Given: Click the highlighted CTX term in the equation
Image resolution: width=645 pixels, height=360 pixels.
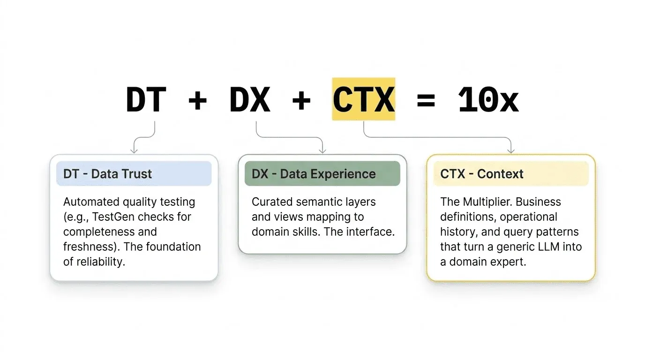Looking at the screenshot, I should pyautogui.click(x=364, y=100).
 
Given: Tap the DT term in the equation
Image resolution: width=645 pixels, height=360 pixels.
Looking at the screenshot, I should pyautogui.click(x=146, y=100).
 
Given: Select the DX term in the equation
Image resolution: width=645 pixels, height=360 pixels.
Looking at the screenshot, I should pyautogui.click(x=250, y=100).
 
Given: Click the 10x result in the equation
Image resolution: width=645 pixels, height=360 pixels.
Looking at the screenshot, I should pyautogui.click(x=488, y=100).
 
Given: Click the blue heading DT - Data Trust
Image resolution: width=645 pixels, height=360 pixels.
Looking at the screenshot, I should pyautogui.click(x=107, y=174).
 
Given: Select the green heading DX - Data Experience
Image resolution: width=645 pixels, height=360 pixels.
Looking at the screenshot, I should pyautogui.click(x=314, y=174).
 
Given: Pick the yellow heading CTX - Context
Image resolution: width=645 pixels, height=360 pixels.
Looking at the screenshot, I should pyautogui.click(x=482, y=174).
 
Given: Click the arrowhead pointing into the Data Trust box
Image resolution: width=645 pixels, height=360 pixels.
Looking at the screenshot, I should pyautogui.click(x=134, y=150).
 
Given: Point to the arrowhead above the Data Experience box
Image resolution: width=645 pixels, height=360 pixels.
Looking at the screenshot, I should pyautogui.click(x=322, y=150).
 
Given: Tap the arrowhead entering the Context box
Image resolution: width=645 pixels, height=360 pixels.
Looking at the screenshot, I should pyautogui.click(x=511, y=150).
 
